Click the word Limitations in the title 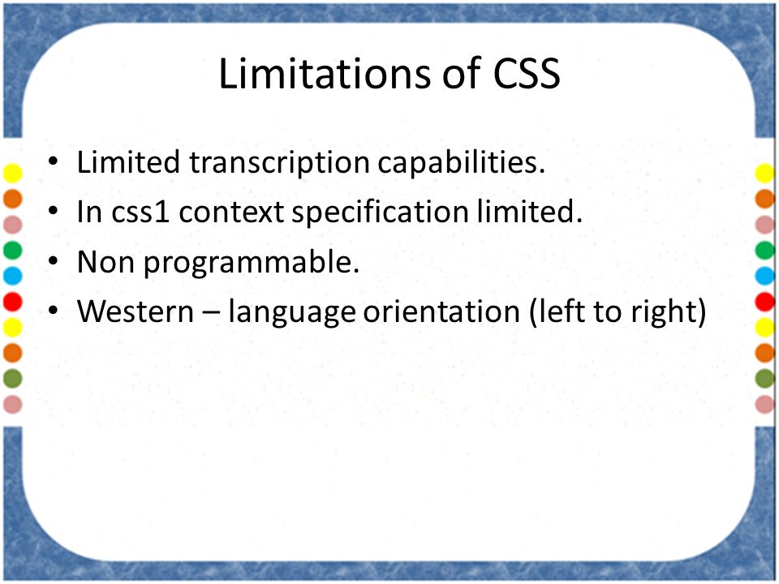click(x=325, y=74)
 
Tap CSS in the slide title click(x=527, y=74)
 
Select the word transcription click(x=279, y=163)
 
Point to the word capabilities click(x=462, y=163)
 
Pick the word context click(x=230, y=213)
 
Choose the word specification click(x=380, y=213)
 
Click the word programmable click(x=251, y=262)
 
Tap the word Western click(x=136, y=311)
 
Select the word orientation click(x=441, y=311)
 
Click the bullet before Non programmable click(x=54, y=261)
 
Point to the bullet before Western click(x=54, y=311)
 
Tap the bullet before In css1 click(x=54, y=211)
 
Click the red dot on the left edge click(x=12, y=302)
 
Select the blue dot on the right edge click(x=765, y=276)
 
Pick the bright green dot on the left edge click(x=12, y=250)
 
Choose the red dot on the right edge click(x=765, y=302)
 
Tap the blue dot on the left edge click(x=12, y=276)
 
